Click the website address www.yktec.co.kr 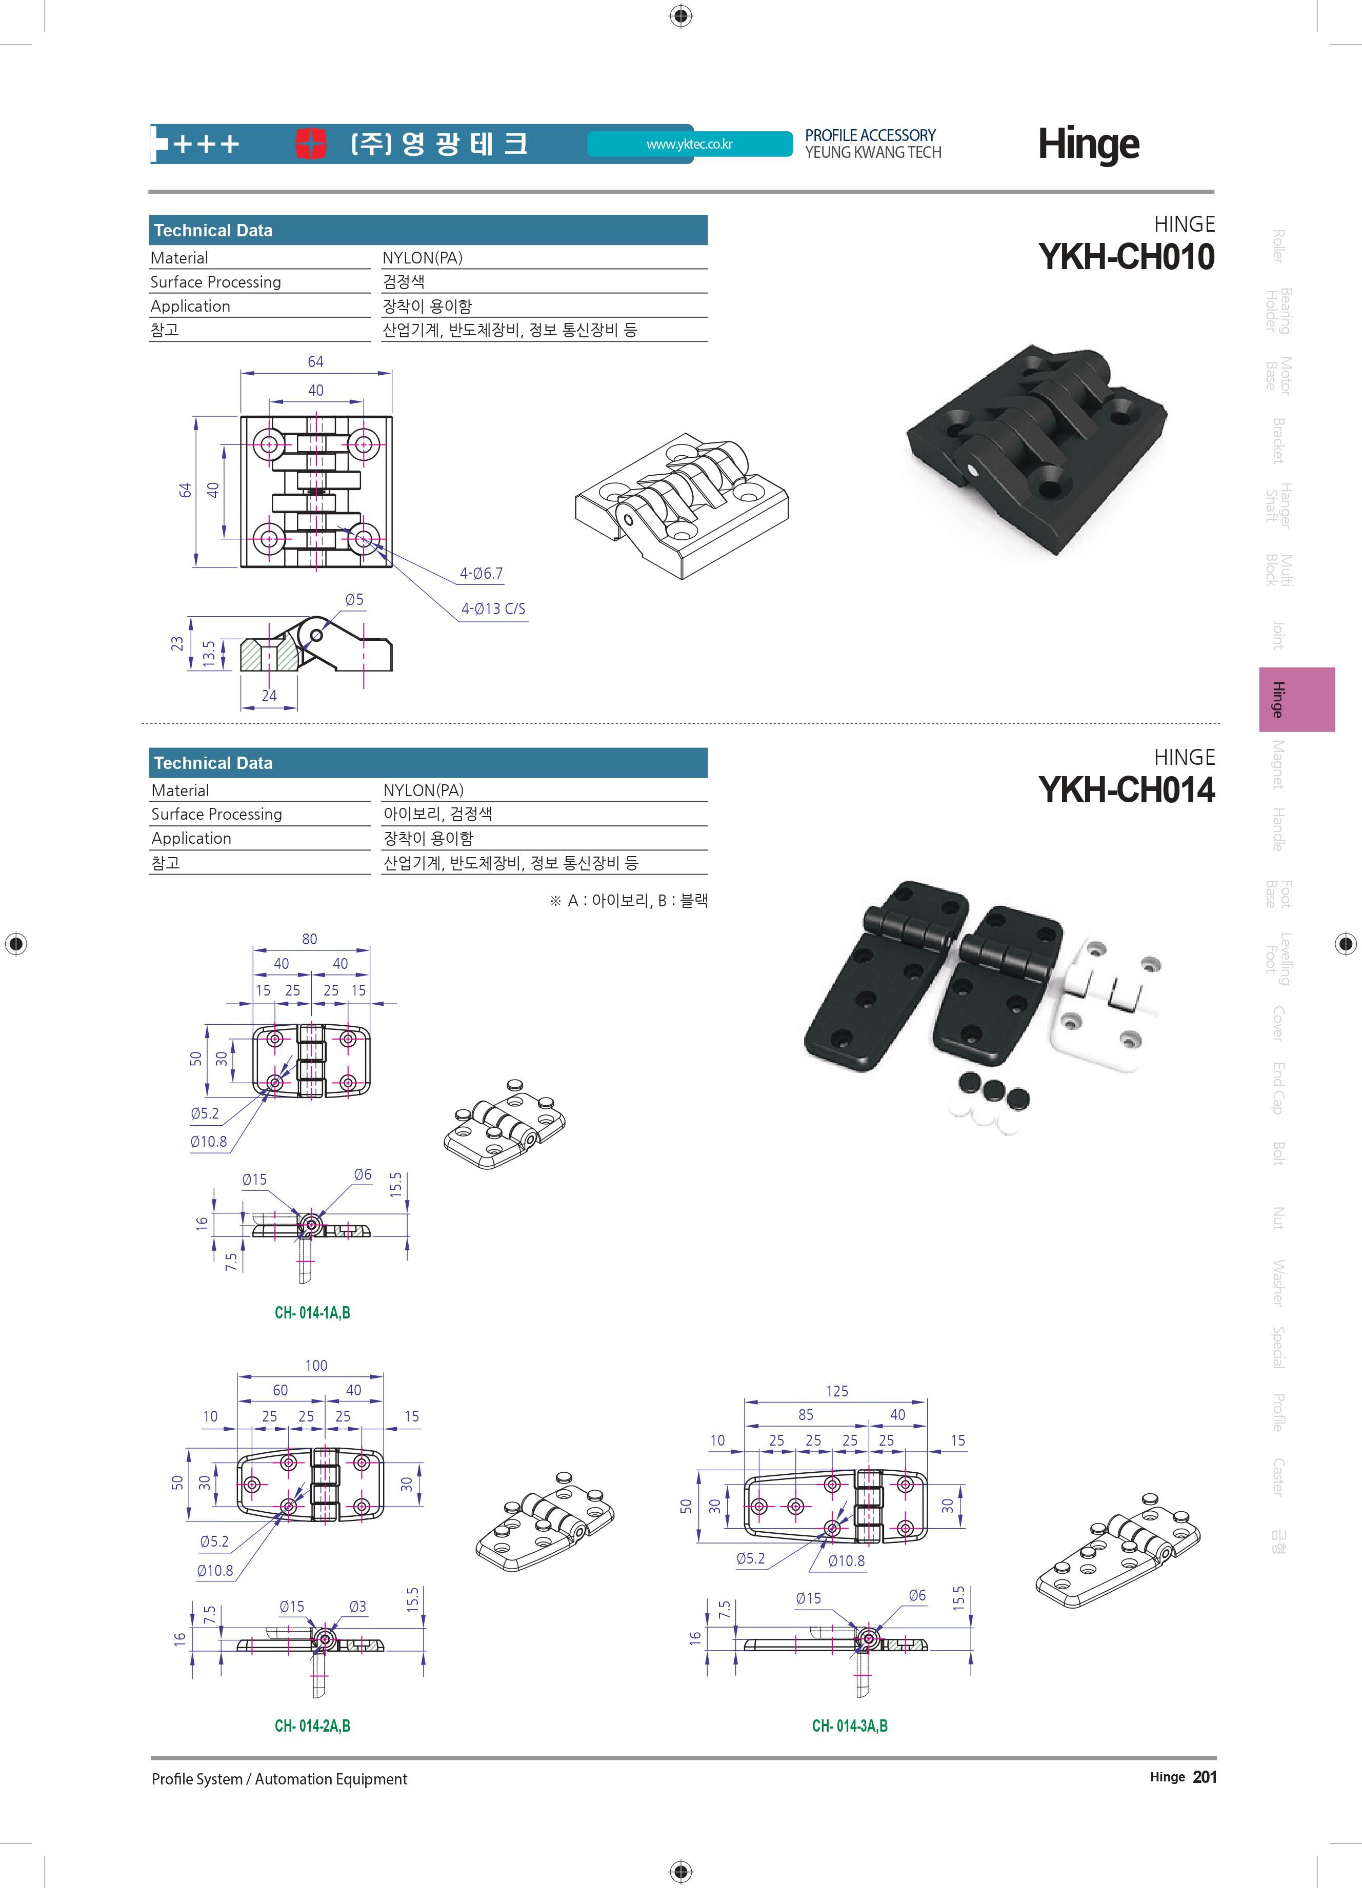point(689,144)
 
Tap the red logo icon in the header point(311,143)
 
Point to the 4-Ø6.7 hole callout point(481,574)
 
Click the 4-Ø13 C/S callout point(493,608)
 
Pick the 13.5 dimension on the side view point(209,654)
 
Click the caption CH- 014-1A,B point(312,1313)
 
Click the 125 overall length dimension point(837,1391)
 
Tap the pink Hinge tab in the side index point(1296,699)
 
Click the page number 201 point(1204,1777)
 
